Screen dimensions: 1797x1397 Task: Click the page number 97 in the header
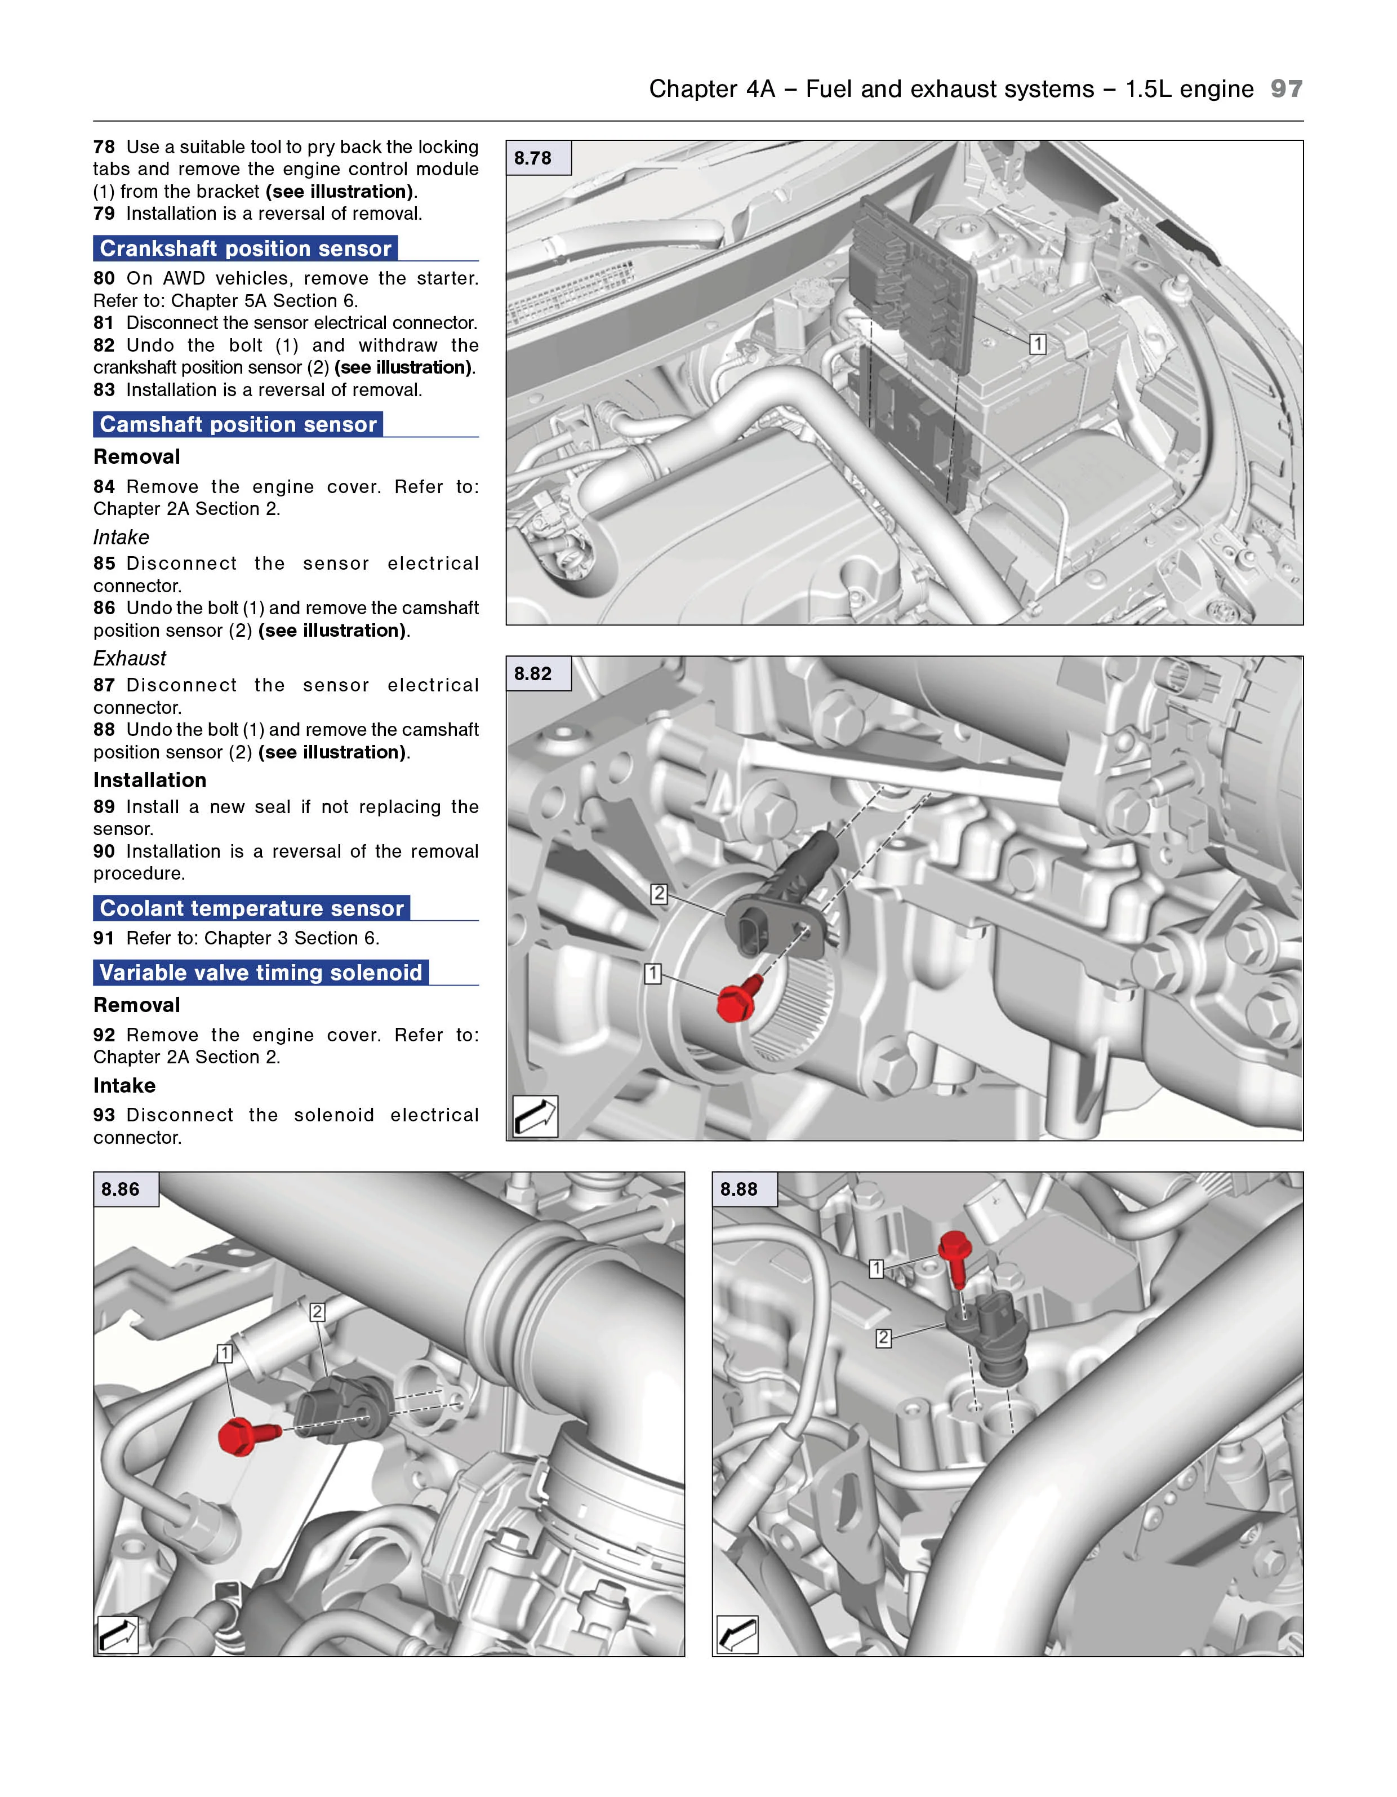pos(1286,89)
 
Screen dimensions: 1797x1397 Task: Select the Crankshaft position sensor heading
pos(245,249)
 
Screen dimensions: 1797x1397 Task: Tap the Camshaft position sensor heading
pos(238,424)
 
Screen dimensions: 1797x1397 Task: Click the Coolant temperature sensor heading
pos(252,908)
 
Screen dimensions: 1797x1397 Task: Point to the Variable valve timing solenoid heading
pos(261,973)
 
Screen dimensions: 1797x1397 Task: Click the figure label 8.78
pos(533,158)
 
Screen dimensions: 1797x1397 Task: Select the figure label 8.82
pos(533,674)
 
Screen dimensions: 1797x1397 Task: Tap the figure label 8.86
pos(120,1189)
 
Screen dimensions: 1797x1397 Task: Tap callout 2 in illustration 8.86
pos(317,1312)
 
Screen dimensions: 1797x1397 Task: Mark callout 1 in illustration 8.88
pos(876,1269)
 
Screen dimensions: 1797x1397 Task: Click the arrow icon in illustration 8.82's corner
pos(535,1116)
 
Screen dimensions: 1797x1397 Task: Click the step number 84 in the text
pos(104,487)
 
